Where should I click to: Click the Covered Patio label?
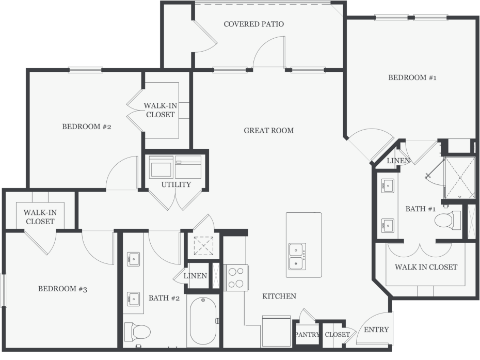click(254, 24)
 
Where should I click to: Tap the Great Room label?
click(269, 131)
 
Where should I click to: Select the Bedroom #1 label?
click(412, 77)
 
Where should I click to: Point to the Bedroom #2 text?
click(87, 127)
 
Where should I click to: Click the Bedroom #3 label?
click(63, 289)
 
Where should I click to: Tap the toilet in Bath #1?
click(448, 220)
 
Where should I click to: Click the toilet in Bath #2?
click(137, 332)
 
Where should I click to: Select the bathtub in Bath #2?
click(203, 321)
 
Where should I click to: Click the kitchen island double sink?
click(297, 257)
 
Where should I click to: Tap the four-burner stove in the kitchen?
click(236, 278)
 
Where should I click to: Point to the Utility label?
click(176, 184)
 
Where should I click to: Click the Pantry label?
click(307, 335)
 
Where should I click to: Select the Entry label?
click(376, 330)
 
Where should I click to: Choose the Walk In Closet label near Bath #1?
click(426, 267)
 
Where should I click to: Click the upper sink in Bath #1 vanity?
click(388, 185)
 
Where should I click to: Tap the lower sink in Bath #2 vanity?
click(134, 299)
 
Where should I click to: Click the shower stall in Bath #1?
click(460, 177)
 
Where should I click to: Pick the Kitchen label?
click(279, 296)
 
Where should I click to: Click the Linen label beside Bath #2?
click(195, 276)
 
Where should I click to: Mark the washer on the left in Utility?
click(161, 167)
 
